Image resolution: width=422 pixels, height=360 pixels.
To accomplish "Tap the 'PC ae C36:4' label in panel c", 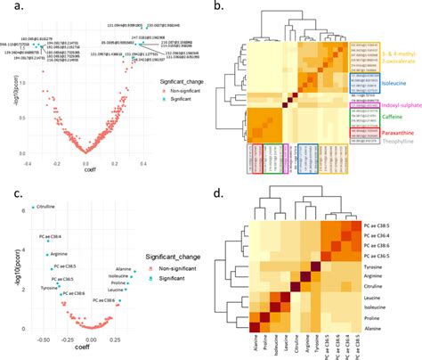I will tap(56, 236).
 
